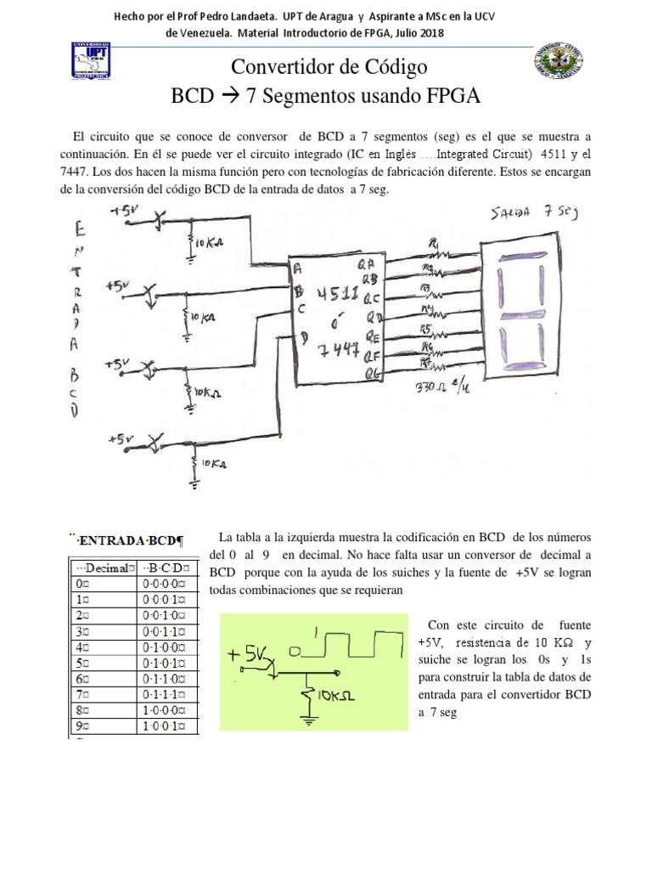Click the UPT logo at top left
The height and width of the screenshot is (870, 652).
95,65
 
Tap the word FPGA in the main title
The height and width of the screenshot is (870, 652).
452,95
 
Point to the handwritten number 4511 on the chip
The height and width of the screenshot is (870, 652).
336,295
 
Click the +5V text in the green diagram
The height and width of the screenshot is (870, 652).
248,655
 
